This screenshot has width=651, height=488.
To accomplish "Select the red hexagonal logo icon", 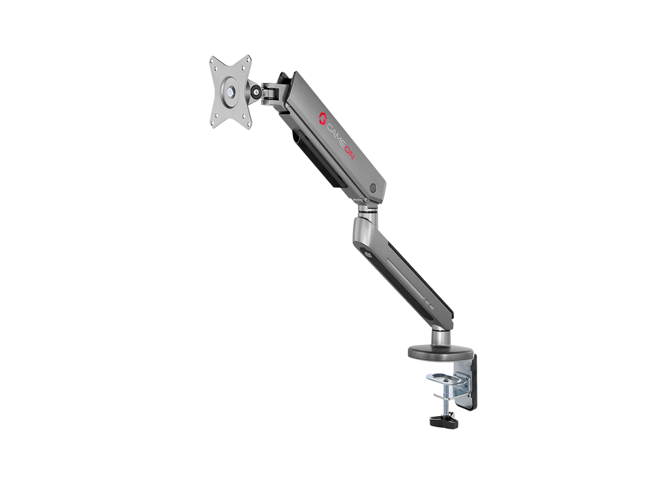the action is coord(322,118).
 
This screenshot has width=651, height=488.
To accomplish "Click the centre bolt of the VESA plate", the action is coord(230,92).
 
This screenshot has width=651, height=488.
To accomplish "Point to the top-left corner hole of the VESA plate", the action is coord(215,61).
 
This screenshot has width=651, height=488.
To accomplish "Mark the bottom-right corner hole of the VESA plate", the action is coord(248,124).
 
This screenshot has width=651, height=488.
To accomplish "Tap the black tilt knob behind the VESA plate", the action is coord(256,92).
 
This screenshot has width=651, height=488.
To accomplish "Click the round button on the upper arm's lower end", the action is coord(373,188).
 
